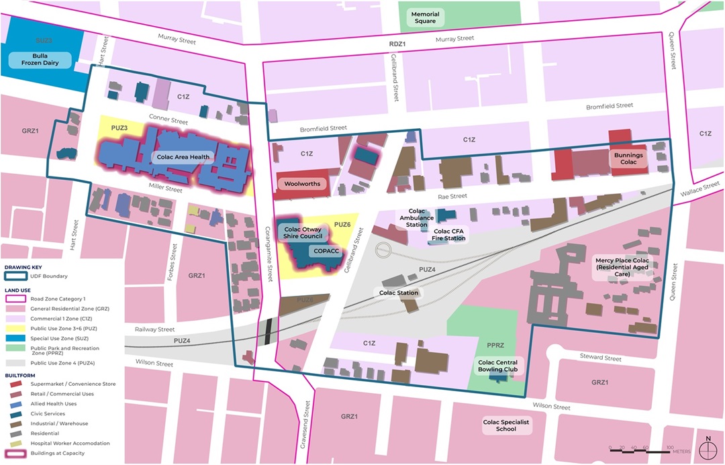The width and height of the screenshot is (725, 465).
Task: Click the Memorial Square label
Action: (425, 17)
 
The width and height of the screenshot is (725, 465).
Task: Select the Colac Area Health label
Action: (183, 157)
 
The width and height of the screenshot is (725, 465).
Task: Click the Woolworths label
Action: (301, 183)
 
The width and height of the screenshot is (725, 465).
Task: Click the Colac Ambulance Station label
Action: (417, 217)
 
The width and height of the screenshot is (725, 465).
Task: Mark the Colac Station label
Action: (399, 293)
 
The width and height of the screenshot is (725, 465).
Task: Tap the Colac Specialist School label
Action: (506, 426)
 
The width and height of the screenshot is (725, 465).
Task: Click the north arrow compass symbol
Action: (708, 449)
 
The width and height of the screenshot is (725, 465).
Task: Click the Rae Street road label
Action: (452, 197)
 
